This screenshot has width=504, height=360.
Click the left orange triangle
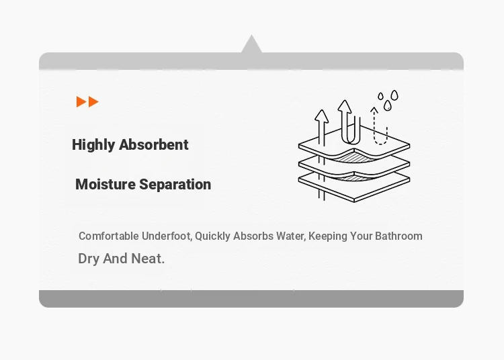[x=81, y=102]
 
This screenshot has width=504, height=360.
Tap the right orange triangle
[x=93, y=102]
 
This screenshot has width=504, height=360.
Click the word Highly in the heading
[x=93, y=145]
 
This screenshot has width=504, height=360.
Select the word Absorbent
[x=154, y=144]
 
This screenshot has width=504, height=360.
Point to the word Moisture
[x=106, y=184]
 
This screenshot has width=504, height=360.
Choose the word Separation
[x=175, y=185]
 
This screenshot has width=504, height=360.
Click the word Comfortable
[x=109, y=236]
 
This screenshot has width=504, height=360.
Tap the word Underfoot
[x=167, y=236]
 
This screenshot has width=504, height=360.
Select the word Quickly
[x=212, y=236]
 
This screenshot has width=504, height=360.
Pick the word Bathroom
[x=398, y=236]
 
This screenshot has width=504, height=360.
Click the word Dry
[x=89, y=259]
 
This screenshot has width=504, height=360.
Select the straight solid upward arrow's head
[x=321, y=116]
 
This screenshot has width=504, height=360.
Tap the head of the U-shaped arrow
[x=345, y=106]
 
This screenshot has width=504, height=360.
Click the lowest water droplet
[x=388, y=105]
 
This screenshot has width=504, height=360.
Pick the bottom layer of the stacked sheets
[x=354, y=189]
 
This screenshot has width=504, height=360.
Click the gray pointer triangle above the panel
[x=251, y=44]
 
